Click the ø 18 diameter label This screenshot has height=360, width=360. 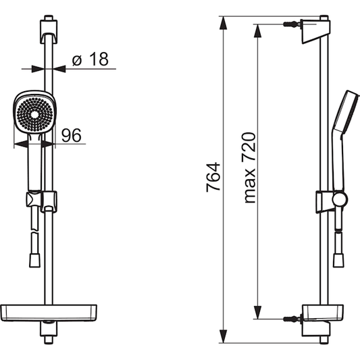pos(89,59)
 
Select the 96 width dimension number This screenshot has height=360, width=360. pos(72,136)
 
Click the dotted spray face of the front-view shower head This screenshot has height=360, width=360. pos(30,112)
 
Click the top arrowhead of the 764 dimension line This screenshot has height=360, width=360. pos(223,20)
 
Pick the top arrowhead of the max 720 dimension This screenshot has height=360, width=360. pos(257,30)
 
